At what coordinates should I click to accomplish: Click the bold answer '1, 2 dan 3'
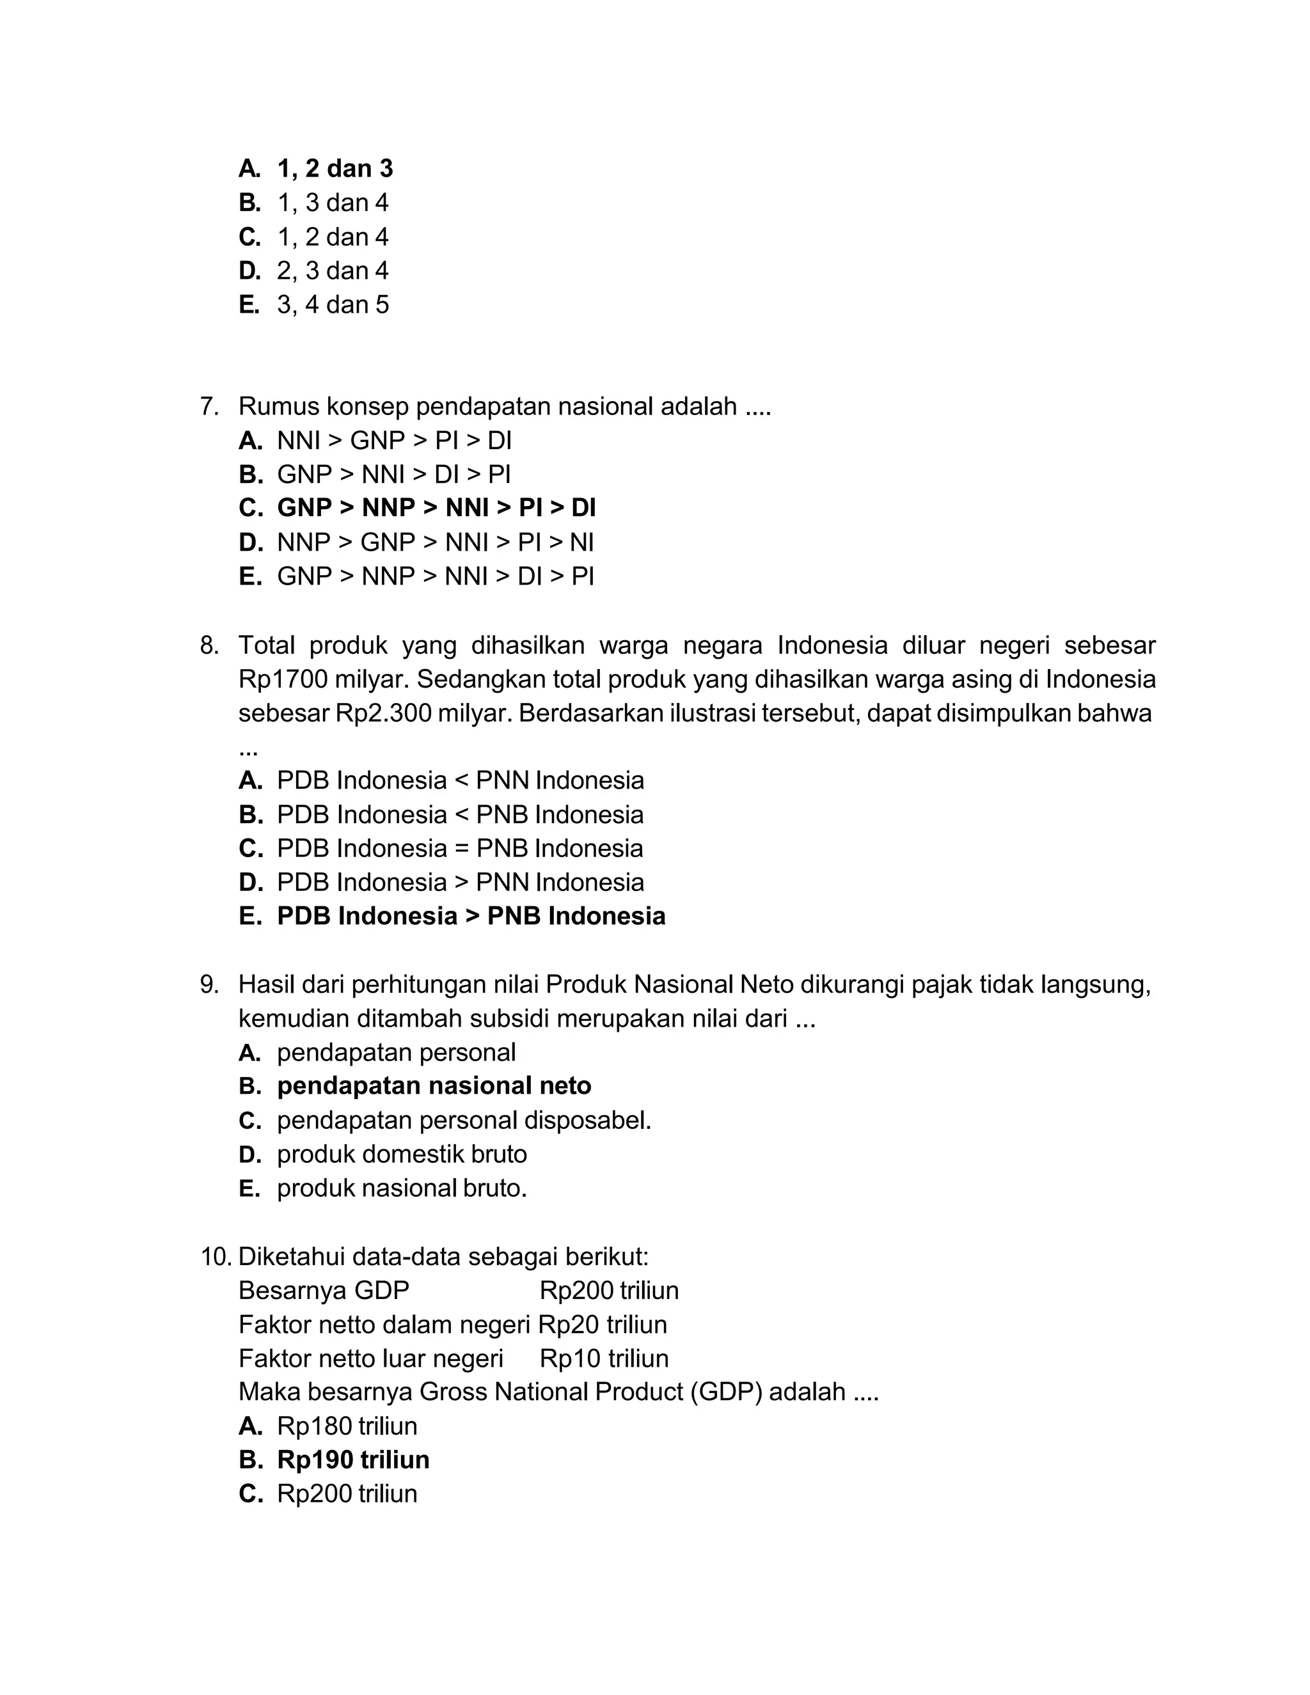pyautogui.click(x=335, y=168)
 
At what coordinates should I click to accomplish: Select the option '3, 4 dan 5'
pyautogui.click(x=333, y=304)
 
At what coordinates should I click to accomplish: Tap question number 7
pyautogui.click(x=210, y=406)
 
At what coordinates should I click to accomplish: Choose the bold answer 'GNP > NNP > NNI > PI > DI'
pyautogui.click(x=436, y=508)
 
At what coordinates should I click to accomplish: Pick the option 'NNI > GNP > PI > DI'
pyautogui.click(x=394, y=440)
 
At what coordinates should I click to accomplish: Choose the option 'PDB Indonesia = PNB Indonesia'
pyautogui.click(x=459, y=847)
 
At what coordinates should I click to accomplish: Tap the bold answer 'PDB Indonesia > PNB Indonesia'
pyautogui.click(x=471, y=916)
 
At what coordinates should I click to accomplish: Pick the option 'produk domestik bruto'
pyautogui.click(x=401, y=1153)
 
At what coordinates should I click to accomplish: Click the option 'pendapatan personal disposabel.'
pyautogui.click(x=463, y=1120)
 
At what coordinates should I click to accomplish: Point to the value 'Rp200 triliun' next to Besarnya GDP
pyautogui.click(x=608, y=1290)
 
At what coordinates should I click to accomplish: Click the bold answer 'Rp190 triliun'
pyautogui.click(x=353, y=1459)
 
